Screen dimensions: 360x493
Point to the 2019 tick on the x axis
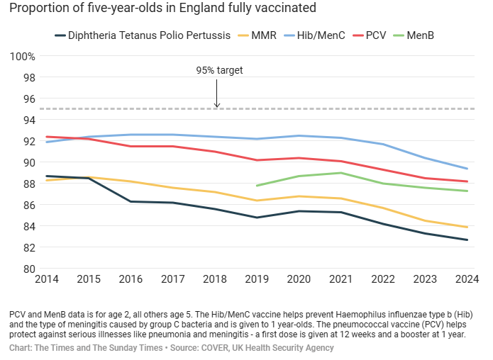pos(257,280)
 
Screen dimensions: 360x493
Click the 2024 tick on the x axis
pos(465,280)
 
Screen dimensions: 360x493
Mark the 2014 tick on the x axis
pos(48,280)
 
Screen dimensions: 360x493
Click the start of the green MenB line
pos(257,186)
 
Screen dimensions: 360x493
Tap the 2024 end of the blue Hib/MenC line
pos(466,169)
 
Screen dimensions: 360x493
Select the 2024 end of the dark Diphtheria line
pos(466,240)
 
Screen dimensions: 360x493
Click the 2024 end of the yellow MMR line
pos(466,227)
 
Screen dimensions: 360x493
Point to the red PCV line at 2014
pos(48,137)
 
